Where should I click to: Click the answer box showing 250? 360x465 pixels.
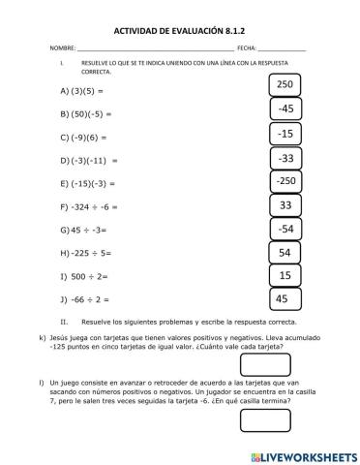[285, 86]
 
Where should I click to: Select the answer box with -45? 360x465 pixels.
[285, 109]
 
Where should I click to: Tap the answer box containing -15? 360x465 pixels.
[285, 134]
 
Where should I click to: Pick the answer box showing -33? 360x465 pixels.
[285, 157]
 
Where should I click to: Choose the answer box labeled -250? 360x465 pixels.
[285, 181]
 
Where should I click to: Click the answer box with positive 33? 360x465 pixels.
[285, 205]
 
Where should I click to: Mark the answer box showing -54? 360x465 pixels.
[285, 229]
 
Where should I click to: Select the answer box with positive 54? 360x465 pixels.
[285, 253]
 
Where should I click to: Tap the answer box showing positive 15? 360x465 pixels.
[285, 276]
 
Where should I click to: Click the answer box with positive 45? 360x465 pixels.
[285, 299]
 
